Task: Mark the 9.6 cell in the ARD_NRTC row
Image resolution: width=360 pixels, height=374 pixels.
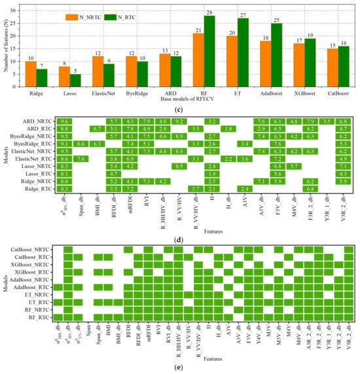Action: [x=64, y=122]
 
